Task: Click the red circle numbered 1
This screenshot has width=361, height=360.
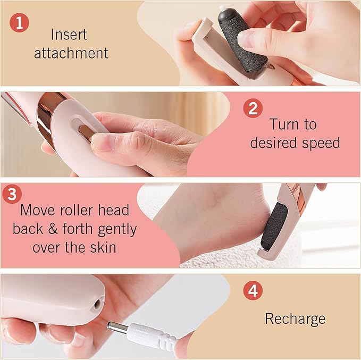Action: click(x=19, y=23)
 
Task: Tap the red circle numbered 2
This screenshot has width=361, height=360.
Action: click(x=253, y=108)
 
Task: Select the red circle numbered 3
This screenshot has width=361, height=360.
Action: click(x=12, y=194)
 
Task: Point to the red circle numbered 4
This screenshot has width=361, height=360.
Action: click(x=253, y=290)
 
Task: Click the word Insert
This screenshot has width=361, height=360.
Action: click(x=69, y=35)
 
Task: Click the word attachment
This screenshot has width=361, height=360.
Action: click(x=71, y=53)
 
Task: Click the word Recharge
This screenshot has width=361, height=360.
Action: click(x=295, y=319)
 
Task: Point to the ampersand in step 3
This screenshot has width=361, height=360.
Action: click(x=53, y=229)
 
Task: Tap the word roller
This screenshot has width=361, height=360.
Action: click(x=76, y=211)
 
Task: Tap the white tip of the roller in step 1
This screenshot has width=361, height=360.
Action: click(x=222, y=9)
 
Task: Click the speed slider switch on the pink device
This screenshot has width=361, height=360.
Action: click(x=85, y=132)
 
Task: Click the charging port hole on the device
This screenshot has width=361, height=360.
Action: click(x=97, y=304)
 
